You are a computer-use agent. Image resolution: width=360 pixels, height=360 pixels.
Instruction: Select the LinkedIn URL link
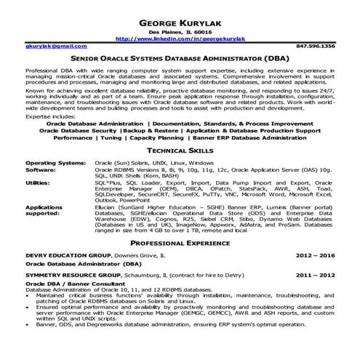(179, 39)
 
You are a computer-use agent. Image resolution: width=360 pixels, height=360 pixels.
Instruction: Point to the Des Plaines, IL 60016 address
(180, 32)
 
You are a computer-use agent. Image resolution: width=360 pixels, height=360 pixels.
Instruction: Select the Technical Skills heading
(180, 148)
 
